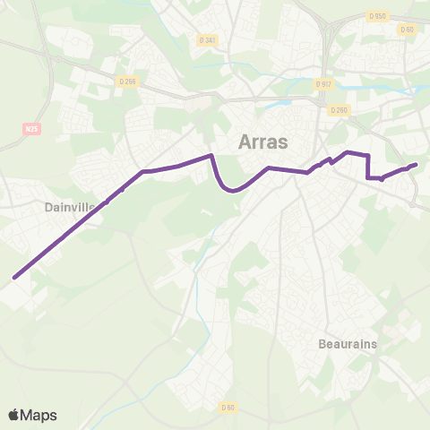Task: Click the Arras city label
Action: [262, 142]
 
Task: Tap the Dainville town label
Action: [69, 207]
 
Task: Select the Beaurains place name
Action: [348, 344]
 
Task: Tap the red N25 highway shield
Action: [32, 129]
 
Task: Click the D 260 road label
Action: [338, 110]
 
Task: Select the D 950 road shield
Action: [377, 16]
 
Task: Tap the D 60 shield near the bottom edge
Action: [228, 408]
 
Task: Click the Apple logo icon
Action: [14, 415]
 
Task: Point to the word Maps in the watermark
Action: [39, 415]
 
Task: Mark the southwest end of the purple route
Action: [14, 278]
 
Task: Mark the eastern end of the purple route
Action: [417, 164]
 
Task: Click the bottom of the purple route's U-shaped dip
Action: [232, 190]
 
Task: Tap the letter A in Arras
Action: [245, 142]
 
